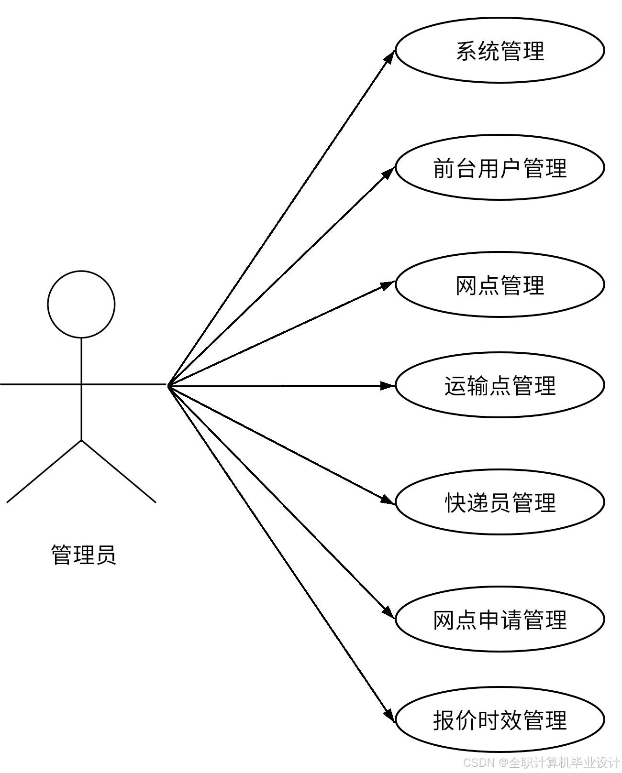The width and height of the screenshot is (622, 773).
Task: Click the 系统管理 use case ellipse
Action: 500,51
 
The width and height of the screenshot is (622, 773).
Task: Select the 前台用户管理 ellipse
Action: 500,168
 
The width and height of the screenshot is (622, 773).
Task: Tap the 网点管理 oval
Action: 500,285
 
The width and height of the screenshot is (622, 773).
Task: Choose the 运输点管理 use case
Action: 500,385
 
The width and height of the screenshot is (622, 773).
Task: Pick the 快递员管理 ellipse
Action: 500,502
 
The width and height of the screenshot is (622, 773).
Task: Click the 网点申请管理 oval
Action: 500,620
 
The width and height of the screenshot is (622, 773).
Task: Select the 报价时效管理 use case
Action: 500,720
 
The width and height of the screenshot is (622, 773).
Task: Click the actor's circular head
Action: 81,305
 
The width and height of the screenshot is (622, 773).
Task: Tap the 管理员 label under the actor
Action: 84,555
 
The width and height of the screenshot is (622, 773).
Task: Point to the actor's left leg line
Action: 44,471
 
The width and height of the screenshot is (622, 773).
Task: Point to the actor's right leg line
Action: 119,471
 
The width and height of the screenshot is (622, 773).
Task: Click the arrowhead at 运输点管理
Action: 388,385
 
